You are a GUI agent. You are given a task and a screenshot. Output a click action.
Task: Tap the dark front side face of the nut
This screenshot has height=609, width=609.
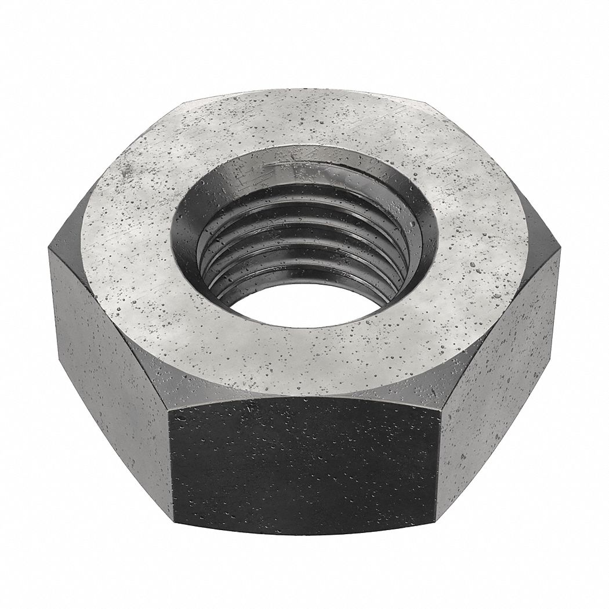coord(304,464)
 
